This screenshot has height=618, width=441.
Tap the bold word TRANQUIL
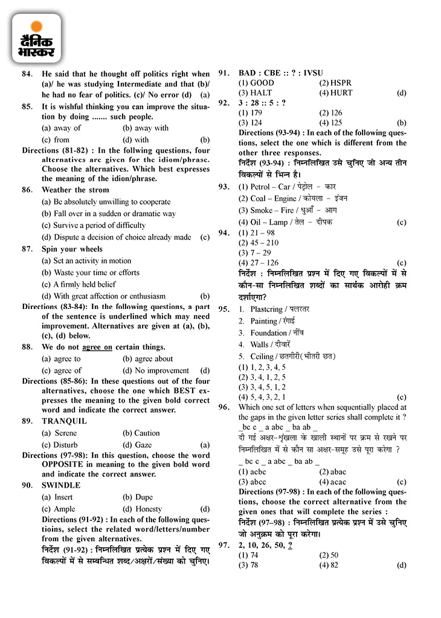pyautogui.click(x=64, y=421)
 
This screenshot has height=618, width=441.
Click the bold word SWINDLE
pyautogui.click(x=61, y=485)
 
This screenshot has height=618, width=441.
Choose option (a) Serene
pyautogui.click(x=59, y=433)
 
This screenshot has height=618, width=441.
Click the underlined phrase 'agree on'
pyautogui.click(x=97, y=347)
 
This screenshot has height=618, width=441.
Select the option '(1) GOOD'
pyautogui.click(x=256, y=83)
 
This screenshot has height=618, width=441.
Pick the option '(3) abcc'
pyautogui.click(x=253, y=482)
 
